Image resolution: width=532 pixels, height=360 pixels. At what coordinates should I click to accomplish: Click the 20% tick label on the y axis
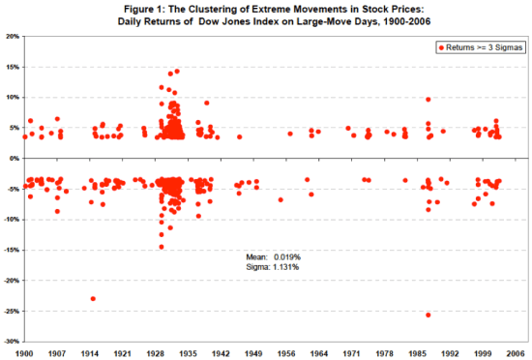pos(13,36)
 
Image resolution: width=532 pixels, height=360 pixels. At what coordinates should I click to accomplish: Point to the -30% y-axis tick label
pos(12,342)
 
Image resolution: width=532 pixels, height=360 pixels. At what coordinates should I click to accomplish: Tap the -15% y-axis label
pos(12,250)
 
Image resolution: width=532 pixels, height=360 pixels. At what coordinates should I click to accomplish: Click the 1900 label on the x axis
pos(25,352)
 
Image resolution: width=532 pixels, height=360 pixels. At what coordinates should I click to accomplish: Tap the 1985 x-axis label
pos(423,352)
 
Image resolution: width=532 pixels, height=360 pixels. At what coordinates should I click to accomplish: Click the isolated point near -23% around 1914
pos(93,298)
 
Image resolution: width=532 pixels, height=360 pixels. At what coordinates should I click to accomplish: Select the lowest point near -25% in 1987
pos(428,315)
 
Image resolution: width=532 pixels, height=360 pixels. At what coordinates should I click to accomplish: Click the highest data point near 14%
pos(175,72)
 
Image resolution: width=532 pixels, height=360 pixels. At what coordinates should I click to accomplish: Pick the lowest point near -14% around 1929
pos(162,247)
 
